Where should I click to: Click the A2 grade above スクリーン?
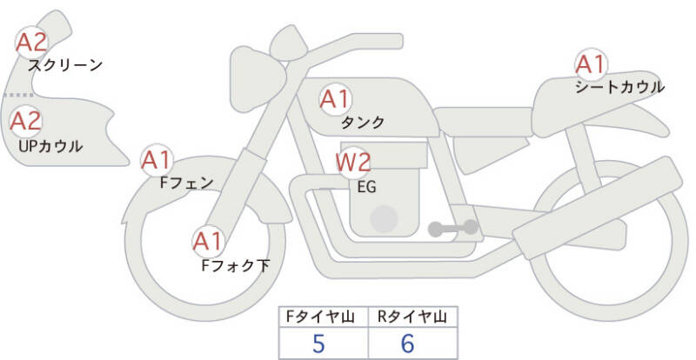click(x=31, y=42)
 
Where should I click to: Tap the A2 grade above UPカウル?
click(x=25, y=121)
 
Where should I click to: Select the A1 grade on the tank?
click(x=335, y=99)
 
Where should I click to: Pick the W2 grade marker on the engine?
click(x=353, y=163)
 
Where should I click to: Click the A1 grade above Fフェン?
click(x=157, y=160)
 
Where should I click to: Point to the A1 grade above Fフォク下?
click(x=208, y=241)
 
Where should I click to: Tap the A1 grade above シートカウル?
click(x=591, y=64)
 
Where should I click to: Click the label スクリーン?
click(x=65, y=66)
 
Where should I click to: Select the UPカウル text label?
click(x=50, y=146)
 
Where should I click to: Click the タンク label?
click(x=363, y=122)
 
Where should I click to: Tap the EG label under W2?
click(x=366, y=187)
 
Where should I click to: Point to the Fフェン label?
click(x=186, y=183)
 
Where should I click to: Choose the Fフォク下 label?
click(x=236, y=265)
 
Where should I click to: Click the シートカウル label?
click(x=619, y=87)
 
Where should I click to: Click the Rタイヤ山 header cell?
click(x=412, y=317)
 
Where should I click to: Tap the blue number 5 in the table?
click(x=318, y=343)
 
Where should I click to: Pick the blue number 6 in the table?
click(x=407, y=343)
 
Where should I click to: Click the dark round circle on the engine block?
click(x=384, y=218)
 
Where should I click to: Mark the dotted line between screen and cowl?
click(x=18, y=95)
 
